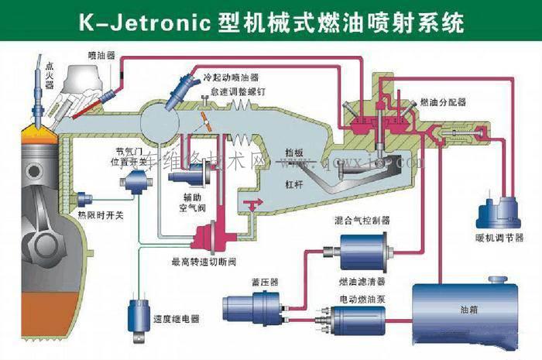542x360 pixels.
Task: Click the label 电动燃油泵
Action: pyautogui.click(x=359, y=297)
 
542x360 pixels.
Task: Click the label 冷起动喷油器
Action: pyautogui.click(x=231, y=79)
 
